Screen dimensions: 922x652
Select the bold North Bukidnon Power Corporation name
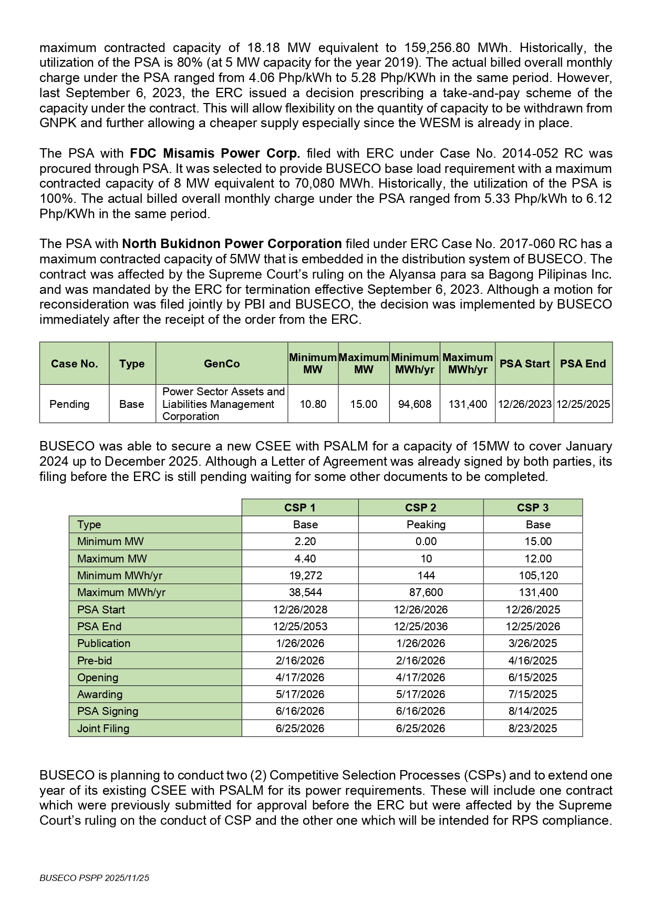point(232,244)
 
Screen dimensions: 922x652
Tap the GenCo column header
point(222,364)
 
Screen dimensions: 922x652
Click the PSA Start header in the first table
point(524,364)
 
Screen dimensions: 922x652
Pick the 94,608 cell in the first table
point(415,404)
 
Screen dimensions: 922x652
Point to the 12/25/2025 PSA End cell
point(583,404)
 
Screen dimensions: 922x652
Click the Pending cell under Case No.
point(69,404)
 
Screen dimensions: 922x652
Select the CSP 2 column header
point(420,508)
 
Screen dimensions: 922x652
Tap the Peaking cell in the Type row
point(426,525)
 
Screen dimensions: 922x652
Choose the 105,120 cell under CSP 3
point(538,576)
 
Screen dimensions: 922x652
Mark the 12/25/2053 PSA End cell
point(300,627)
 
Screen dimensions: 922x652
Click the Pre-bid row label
point(95,661)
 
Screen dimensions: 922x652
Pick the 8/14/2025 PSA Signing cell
point(533,711)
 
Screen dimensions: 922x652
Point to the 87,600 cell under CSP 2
point(426,592)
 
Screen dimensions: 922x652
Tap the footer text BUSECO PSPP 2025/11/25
point(95,878)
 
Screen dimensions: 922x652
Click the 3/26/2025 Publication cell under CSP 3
point(533,643)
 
